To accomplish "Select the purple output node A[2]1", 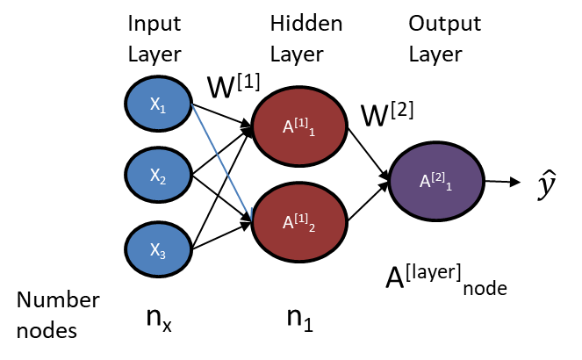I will click(x=435, y=183).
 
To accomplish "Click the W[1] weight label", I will click(x=234, y=87).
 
